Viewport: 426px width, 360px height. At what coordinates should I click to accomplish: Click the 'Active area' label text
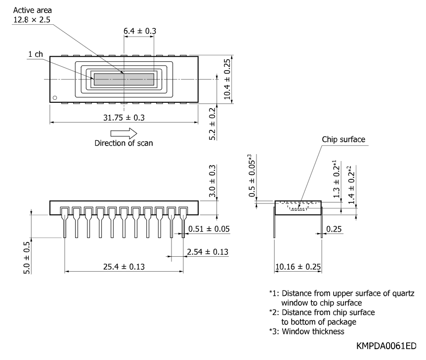[x=32, y=10]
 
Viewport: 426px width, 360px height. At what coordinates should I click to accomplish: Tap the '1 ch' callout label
[x=36, y=54]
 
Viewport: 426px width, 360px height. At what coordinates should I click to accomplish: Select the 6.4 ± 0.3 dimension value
[x=140, y=31]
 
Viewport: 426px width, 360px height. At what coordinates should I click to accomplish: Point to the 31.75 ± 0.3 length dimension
[x=124, y=118]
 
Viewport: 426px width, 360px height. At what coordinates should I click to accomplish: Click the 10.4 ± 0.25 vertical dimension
[x=227, y=80]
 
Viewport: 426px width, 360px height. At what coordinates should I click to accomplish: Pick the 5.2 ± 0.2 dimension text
[x=212, y=124]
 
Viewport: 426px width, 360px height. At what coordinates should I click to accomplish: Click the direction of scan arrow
[x=124, y=133]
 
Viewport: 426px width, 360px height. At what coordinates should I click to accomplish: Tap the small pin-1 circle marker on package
[x=55, y=98]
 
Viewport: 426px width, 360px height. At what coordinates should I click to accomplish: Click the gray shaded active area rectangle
[x=124, y=80]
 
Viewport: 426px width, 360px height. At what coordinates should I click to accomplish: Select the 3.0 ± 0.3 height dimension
[x=213, y=181]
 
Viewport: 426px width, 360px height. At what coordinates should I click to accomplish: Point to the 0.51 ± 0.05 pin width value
[x=209, y=229]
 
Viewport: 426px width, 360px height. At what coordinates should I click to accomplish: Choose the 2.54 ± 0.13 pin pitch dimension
[x=208, y=252]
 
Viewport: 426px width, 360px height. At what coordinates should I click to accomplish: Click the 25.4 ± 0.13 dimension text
[x=124, y=267]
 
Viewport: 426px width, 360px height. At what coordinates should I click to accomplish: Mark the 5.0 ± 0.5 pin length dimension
[x=27, y=258]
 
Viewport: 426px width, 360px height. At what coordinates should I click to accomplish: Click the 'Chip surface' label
[x=343, y=140]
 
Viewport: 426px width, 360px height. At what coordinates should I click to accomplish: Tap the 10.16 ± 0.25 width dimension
[x=298, y=267]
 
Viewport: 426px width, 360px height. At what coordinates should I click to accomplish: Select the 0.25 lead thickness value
[x=334, y=229]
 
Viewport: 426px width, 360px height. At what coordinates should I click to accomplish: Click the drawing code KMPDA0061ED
[x=386, y=346]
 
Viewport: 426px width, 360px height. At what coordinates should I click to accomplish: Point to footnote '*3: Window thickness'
[x=307, y=331]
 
